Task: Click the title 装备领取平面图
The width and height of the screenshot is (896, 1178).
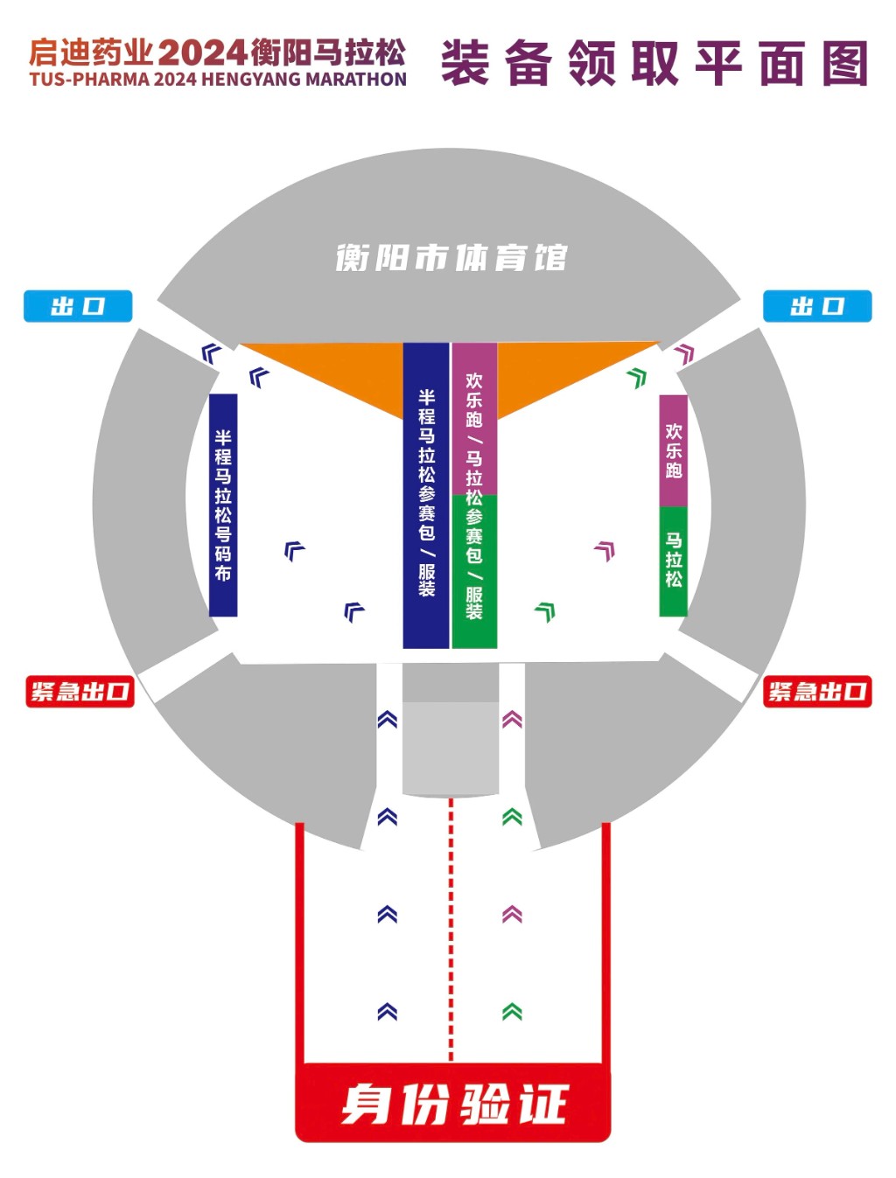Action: click(x=654, y=63)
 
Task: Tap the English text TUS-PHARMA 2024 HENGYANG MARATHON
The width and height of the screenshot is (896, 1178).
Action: click(x=218, y=80)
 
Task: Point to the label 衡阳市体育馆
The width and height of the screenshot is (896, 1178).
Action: click(x=451, y=258)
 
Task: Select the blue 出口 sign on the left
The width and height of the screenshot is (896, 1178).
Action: click(x=78, y=306)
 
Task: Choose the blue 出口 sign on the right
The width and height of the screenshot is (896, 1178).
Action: click(x=817, y=306)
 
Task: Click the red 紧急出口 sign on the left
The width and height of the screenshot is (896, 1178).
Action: click(x=80, y=691)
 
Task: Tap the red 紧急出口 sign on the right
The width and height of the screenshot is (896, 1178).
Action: click(x=817, y=691)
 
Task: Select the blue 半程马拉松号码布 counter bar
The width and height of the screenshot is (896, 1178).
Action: click(x=223, y=505)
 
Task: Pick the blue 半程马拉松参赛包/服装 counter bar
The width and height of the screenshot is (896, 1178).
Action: click(x=426, y=495)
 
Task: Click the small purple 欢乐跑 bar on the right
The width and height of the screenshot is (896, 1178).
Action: click(x=673, y=450)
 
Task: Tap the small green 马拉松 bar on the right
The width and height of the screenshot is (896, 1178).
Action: click(x=673, y=561)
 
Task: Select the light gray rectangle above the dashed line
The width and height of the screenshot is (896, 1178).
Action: click(x=451, y=748)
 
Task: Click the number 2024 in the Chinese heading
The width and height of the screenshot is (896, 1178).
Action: click(x=202, y=52)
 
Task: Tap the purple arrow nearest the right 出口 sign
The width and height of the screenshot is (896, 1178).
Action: click(x=685, y=353)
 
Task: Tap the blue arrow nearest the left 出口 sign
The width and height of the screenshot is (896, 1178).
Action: click(x=211, y=353)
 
